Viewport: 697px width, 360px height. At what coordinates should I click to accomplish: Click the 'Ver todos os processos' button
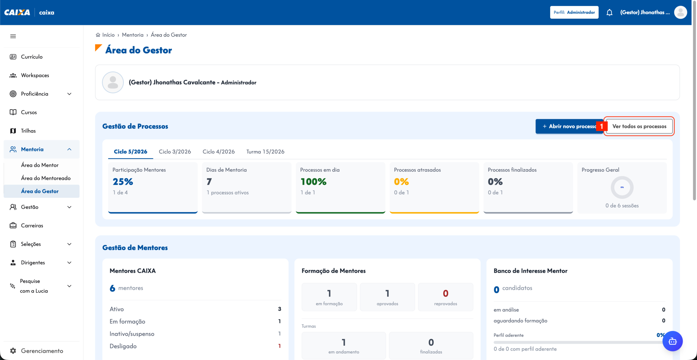[x=639, y=126]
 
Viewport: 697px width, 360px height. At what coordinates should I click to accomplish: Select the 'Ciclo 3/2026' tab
[x=175, y=152]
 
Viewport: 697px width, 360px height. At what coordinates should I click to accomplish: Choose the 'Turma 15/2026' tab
[x=265, y=152]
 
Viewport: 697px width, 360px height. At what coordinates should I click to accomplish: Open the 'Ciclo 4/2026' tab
[x=219, y=152]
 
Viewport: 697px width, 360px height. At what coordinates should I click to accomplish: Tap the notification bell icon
[x=609, y=13]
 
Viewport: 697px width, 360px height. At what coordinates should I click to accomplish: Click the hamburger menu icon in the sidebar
[x=13, y=36]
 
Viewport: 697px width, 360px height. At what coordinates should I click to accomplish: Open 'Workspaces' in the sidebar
[x=35, y=75]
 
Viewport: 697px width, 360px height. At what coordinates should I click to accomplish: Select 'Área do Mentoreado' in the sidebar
[x=46, y=178]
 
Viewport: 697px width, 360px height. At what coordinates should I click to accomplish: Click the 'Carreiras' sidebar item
[x=32, y=226]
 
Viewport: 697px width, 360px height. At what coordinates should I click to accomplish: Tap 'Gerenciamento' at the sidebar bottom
[x=42, y=351]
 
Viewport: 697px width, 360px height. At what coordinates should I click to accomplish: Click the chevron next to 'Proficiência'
[x=69, y=94]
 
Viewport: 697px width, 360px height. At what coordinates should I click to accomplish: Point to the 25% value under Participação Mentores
[x=123, y=181]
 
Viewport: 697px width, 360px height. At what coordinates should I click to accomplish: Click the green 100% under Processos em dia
[x=313, y=181]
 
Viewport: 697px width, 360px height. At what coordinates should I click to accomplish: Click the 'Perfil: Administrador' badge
[x=574, y=13]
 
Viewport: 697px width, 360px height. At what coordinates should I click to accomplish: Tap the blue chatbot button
[x=672, y=341]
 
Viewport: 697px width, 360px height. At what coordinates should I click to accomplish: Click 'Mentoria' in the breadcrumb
[x=133, y=35]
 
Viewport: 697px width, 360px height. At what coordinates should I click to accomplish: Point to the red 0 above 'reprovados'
[x=445, y=293]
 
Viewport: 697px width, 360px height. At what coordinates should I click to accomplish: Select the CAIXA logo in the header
[x=17, y=13]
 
